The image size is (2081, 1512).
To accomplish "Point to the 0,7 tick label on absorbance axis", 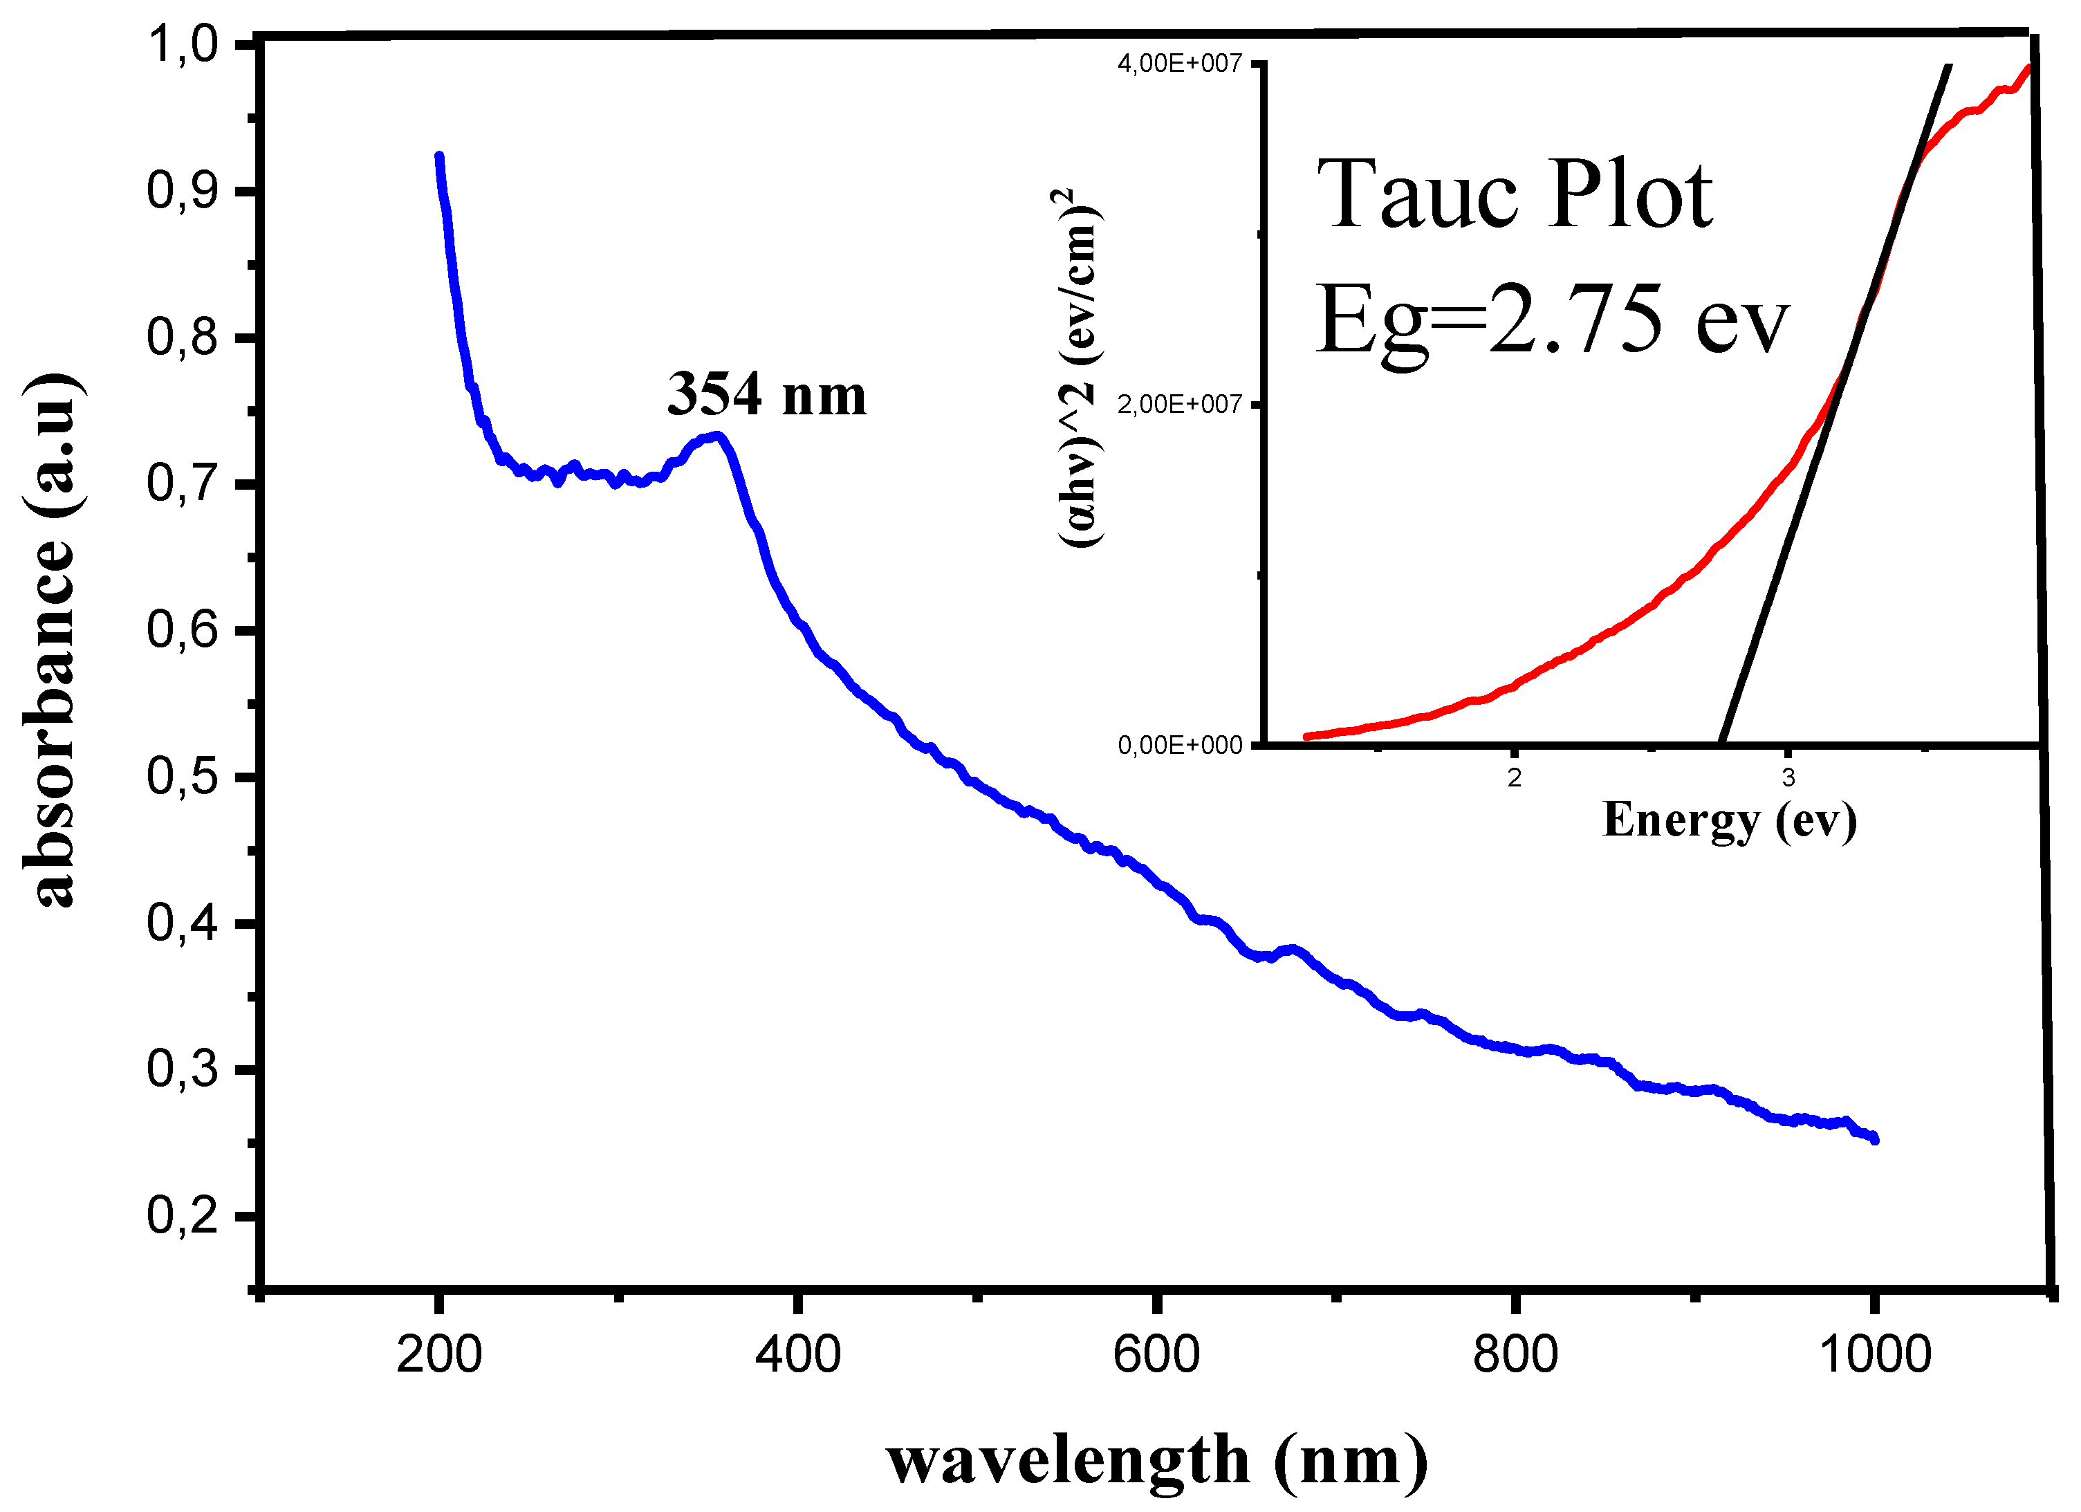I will (183, 483).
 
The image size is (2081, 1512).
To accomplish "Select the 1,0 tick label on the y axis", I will (183, 44).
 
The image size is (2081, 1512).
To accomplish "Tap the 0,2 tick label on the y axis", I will (183, 1216).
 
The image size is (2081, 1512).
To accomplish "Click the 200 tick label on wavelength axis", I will (438, 1355).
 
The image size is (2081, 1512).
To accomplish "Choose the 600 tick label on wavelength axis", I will (1156, 1355).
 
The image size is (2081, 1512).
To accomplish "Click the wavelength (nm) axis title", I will (1157, 1459).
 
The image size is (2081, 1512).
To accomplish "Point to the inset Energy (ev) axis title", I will (1730, 820).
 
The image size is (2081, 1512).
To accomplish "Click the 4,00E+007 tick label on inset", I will (1179, 64).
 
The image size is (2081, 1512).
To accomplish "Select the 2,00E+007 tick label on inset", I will (1179, 404).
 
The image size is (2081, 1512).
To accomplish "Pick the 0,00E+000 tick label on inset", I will (1179, 745).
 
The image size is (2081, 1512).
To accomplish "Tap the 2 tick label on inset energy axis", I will (1514, 778).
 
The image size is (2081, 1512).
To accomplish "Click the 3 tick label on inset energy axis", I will (1788, 778).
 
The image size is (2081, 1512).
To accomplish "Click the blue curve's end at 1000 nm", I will (1874, 1139).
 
